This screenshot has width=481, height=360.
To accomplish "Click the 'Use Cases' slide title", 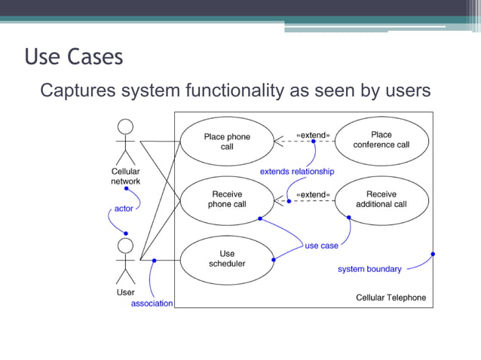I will (x=74, y=57).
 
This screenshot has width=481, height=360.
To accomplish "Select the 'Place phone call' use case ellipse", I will (x=227, y=142).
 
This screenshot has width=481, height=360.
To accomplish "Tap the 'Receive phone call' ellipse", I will (x=227, y=199).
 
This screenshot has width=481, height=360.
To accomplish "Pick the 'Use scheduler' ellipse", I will (x=227, y=259).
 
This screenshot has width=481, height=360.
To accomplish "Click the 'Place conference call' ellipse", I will (x=381, y=140).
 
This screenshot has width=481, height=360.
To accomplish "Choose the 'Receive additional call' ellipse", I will (x=381, y=199).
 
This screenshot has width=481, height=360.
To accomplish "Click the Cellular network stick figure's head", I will (x=125, y=127).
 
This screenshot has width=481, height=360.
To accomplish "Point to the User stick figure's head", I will (x=125, y=246).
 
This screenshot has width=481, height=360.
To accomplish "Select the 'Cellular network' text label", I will (x=125, y=176).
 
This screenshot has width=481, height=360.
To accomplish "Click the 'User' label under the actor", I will (x=125, y=292).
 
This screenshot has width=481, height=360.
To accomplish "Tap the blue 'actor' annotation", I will (x=124, y=208).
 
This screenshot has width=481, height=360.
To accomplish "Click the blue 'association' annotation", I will (x=152, y=304).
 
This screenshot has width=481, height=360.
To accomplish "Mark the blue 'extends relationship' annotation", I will (x=297, y=172).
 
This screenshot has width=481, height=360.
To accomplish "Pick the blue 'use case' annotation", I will (x=321, y=246).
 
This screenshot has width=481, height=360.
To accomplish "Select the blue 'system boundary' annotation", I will (x=369, y=269).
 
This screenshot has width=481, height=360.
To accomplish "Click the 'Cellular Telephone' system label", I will (x=391, y=297).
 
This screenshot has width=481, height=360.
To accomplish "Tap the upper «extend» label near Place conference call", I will (x=312, y=136).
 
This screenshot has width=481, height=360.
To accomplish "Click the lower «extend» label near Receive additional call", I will (x=312, y=195).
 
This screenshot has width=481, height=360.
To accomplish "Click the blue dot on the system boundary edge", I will (x=433, y=254).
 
